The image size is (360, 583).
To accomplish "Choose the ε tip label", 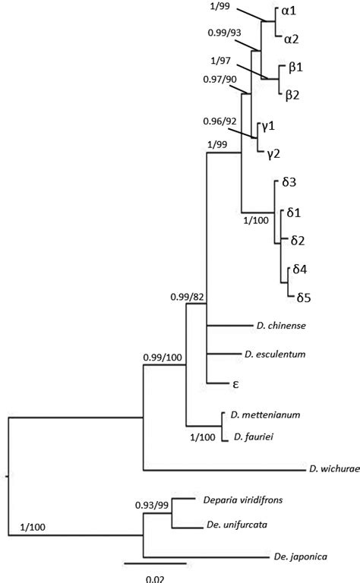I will tap(236, 383).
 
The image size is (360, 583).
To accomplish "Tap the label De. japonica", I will tap(299, 558).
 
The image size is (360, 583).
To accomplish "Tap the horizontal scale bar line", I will tap(154, 564).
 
